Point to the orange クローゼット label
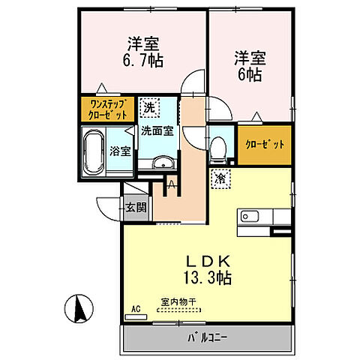[x=264, y=144]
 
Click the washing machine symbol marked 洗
[x=148, y=108]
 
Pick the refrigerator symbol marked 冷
[x=220, y=178]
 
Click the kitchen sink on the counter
[x=249, y=217]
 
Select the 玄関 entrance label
[x=135, y=207]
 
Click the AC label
[x=136, y=308]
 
